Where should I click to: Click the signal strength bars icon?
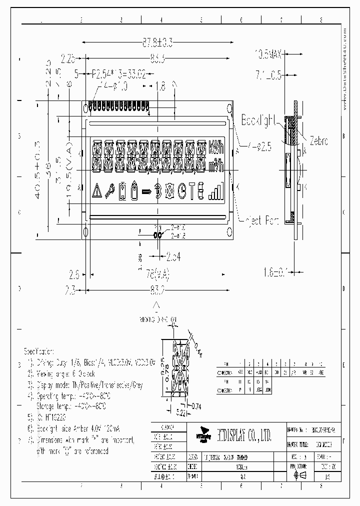click(x=215, y=190)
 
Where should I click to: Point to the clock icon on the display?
click(x=182, y=190)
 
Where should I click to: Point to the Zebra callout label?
click(x=318, y=141)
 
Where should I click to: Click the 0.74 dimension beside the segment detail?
click(x=195, y=405)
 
